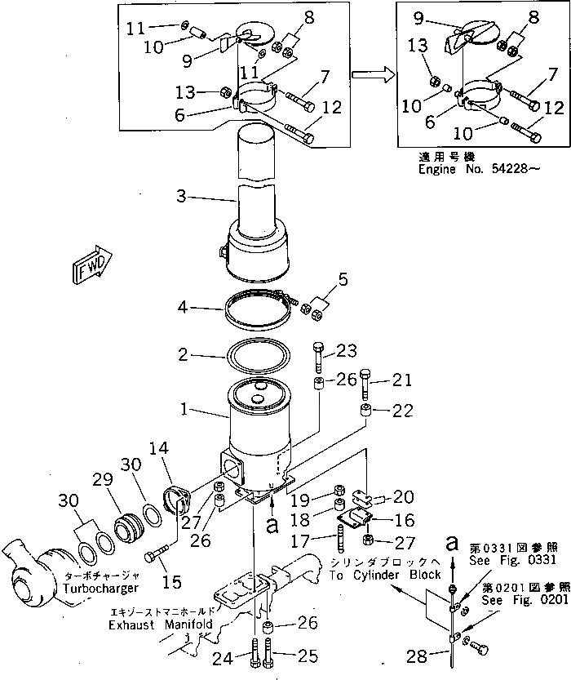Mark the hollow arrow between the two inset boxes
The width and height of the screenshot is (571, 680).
coord(372,74)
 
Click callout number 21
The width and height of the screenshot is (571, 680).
coord(401,380)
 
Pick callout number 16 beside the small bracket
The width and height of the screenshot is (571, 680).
coord(405,520)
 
